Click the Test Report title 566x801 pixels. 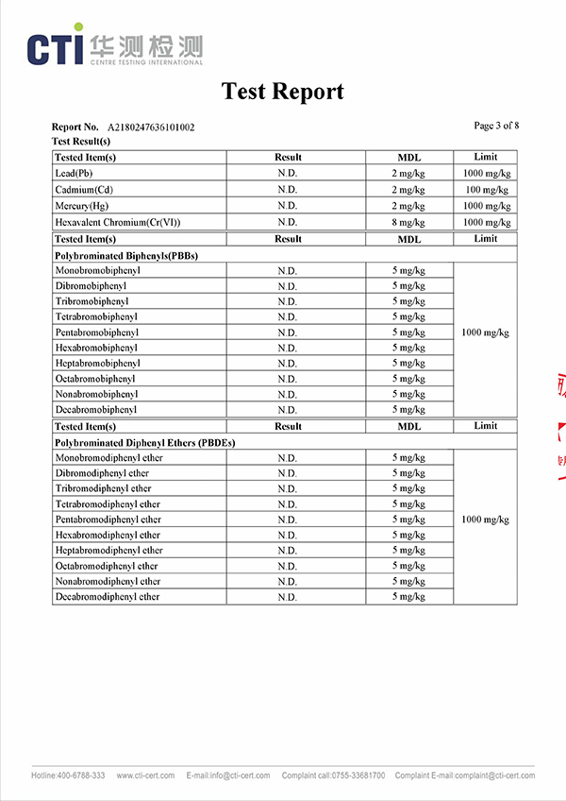282,92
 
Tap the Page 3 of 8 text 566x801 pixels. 496,126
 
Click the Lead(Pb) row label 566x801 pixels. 74,174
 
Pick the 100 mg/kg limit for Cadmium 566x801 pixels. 486,190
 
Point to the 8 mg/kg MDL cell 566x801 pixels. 408,222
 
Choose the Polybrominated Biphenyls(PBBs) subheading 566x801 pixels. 126,255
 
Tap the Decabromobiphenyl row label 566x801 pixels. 96,410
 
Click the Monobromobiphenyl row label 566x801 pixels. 97,271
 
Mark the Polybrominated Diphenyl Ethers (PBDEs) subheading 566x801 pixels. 144,442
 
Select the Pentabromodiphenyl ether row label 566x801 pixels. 108,520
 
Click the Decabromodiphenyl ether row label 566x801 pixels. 108,597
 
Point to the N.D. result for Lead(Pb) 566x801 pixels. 288,174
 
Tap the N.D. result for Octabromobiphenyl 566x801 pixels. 288,379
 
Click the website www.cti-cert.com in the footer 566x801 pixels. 145,775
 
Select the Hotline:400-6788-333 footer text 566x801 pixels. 68,775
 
